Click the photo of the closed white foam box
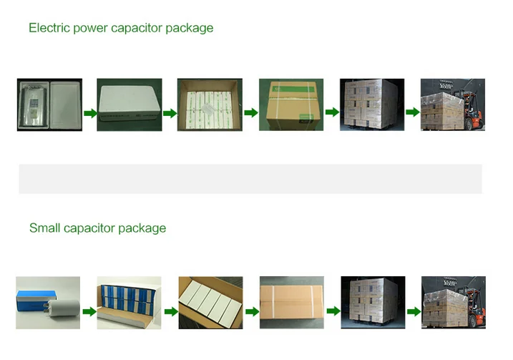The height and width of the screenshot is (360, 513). [130, 104]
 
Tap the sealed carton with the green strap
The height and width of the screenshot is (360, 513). [290, 104]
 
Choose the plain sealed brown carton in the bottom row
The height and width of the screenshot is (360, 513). [290, 303]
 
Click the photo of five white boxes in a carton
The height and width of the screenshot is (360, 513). [210, 303]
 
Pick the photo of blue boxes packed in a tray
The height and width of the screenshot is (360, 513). [129, 303]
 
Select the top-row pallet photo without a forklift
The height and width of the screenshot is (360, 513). [371, 104]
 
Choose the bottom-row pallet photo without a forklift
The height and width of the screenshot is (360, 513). [371, 303]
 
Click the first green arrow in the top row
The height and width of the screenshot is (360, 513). [89, 113]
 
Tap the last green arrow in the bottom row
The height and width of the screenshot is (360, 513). [414, 311]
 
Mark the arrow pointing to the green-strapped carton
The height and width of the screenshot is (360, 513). [250, 113]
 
